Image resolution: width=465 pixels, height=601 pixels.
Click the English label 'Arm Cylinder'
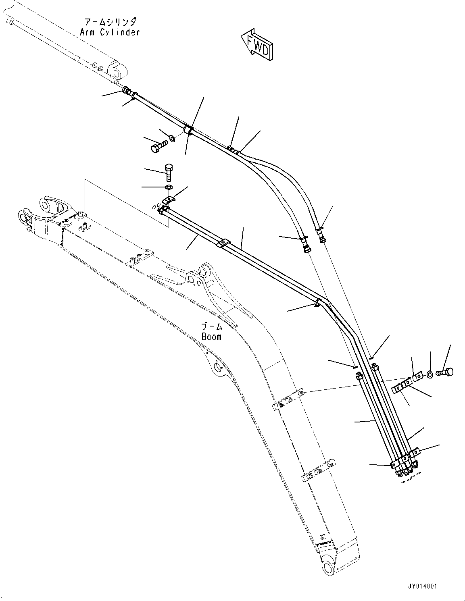pyautogui.click(x=110, y=32)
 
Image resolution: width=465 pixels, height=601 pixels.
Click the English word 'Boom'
pyautogui.click(x=211, y=337)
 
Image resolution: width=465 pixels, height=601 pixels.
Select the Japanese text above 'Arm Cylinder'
pyautogui.click(x=110, y=22)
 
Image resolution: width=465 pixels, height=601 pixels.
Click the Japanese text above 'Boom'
pyautogui.click(x=212, y=326)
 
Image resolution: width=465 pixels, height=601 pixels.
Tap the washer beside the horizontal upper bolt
pyautogui.click(x=172, y=139)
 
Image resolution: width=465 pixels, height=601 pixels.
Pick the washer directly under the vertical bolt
pyautogui.click(x=169, y=187)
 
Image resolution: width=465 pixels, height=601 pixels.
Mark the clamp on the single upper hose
pyautogui.click(x=188, y=130)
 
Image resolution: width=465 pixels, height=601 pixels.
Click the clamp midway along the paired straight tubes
pyautogui.click(x=222, y=243)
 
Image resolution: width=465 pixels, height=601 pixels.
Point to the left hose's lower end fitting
pyautogui.click(x=307, y=247)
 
